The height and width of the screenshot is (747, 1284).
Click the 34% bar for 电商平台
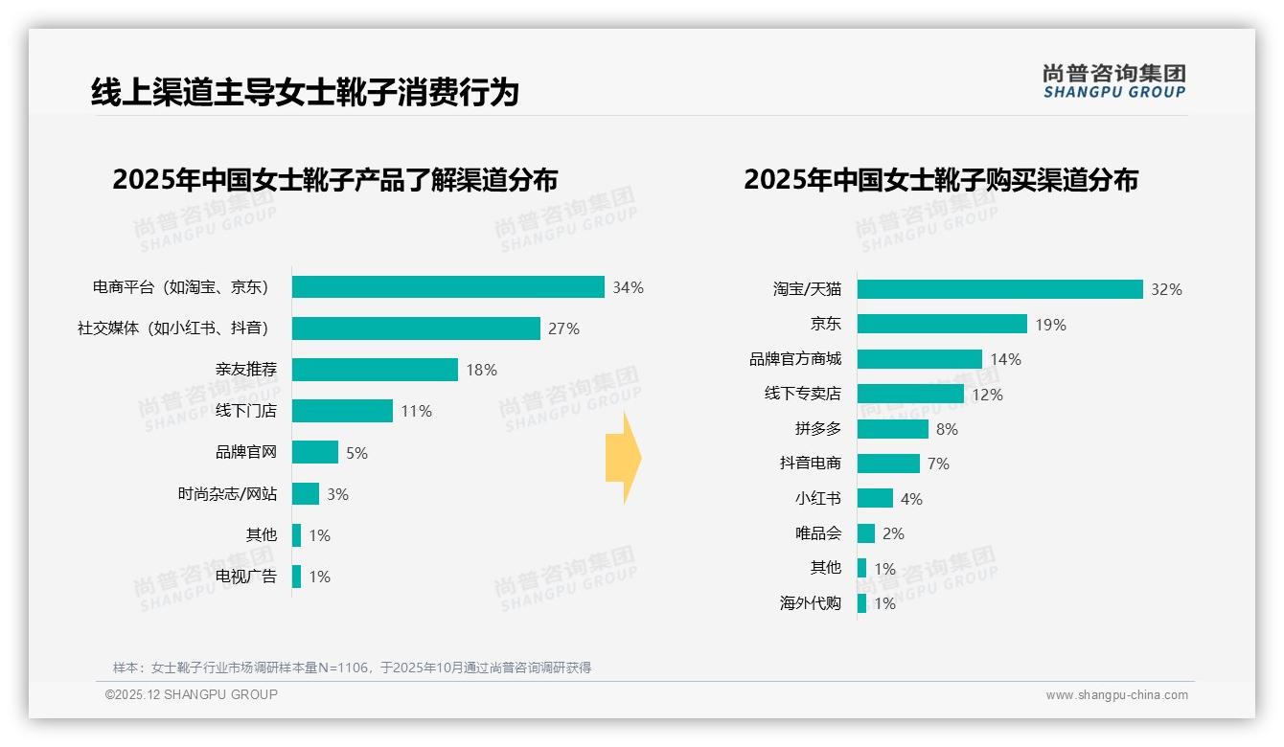pyautogui.click(x=447, y=287)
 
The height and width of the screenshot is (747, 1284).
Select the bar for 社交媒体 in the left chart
pyautogui.click(x=416, y=328)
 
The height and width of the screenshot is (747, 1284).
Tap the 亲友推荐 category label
pyautogui.click(x=245, y=370)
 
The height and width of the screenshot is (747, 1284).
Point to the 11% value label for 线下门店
pyautogui.click(x=416, y=411)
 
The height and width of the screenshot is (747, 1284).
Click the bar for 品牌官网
pyautogui.click(x=315, y=452)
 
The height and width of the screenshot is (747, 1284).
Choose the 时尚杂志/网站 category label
pyautogui.click(x=227, y=494)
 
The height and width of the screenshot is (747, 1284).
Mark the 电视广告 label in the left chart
pyautogui.click(x=245, y=577)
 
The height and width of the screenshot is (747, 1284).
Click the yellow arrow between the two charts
pyautogui.click(x=623, y=459)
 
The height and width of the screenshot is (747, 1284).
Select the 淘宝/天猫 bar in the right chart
pyautogui.click(x=999, y=289)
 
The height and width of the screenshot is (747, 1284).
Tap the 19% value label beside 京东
pyautogui.click(x=1050, y=325)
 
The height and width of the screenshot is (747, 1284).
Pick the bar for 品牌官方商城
pyautogui.click(x=919, y=359)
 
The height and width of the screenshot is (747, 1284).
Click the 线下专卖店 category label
pyautogui.click(x=802, y=394)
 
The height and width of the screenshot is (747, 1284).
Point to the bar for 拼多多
pyautogui.click(x=892, y=429)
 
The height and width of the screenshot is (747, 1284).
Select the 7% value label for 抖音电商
pyautogui.click(x=938, y=464)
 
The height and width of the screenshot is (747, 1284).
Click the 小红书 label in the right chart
pyautogui.click(x=817, y=498)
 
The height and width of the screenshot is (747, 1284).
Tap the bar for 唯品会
pyautogui.click(x=866, y=533)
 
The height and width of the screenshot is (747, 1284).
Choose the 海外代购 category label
pyautogui.click(x=810, y=603)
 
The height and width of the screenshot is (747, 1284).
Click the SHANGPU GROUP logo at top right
pyautogui.click(x=1113, y=81)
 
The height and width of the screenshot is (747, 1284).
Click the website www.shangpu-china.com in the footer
pyautogui.click(x=1116, y=695)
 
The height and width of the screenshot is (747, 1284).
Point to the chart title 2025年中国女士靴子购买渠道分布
pyautogui.click(x=940, y=180)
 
